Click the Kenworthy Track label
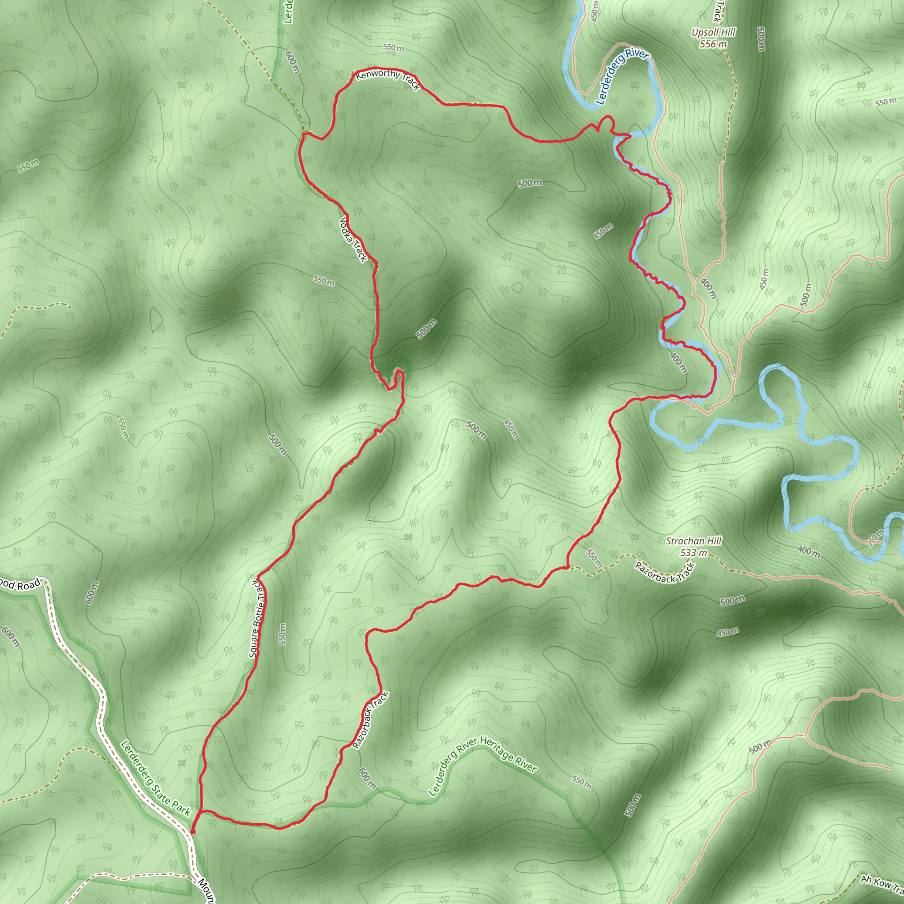pos(388,79)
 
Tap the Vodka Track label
pos(353,239)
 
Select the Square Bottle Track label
pos(258,618)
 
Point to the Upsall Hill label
pos(713,32)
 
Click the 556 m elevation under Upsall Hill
pos(713,44)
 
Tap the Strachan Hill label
pos(693,541)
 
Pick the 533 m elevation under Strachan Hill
pos(693,553)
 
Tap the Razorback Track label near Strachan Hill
pos(664,572)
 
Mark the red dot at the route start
pos(192,832)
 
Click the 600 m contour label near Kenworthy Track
pos(291,62)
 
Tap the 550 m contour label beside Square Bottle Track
pos(282,633)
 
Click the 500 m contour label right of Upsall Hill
pos(761,39)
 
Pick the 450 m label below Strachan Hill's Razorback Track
pos(727,632)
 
